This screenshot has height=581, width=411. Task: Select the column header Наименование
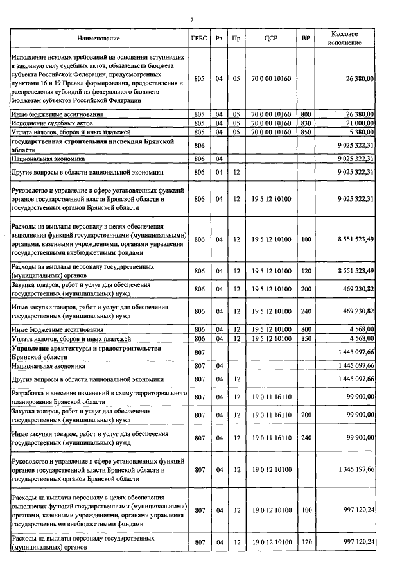coord(98,39)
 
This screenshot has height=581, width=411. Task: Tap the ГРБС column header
coord(198,39)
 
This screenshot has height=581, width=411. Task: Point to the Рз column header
coord(219,39)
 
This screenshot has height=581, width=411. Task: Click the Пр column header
coord(236,39)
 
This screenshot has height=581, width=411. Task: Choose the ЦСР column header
coord(270,39)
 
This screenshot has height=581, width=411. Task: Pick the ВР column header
coord(306,39)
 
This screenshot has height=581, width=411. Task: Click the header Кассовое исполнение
coord(344,38)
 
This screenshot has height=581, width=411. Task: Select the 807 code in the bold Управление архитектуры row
coord(198,352)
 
